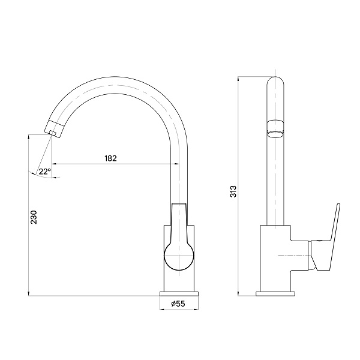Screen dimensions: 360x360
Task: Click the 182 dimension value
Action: [110, 158]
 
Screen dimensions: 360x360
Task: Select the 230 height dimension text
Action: [34, 217]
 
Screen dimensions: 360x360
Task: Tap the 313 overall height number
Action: [234, 191]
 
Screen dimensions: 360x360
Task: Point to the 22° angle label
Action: [44, 171]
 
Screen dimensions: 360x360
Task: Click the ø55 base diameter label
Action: [178, 304]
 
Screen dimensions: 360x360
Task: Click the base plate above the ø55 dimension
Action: [179, 293]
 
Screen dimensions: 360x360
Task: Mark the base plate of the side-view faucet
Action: [275, 293]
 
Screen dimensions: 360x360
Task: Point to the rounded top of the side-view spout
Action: [275, 83]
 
